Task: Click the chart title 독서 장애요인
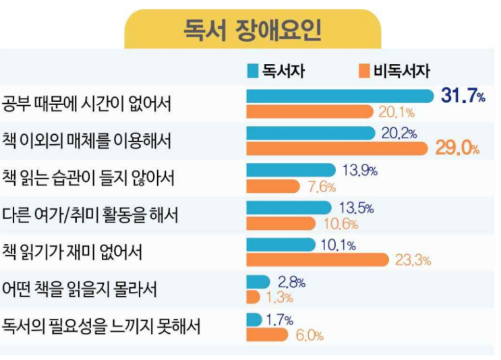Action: point(252,29)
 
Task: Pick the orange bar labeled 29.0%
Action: point(336,148)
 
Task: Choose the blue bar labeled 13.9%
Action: point(291,170)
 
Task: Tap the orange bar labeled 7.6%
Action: point(272,185)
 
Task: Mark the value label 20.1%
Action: point(396,112)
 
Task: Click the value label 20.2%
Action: point(399,133)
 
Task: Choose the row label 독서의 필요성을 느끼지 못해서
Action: point(101,327)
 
